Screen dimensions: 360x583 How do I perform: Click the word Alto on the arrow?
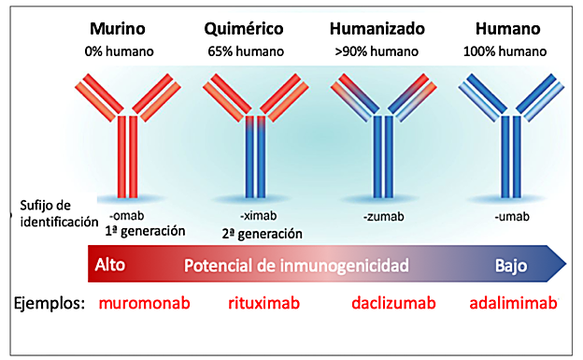coord(110,266)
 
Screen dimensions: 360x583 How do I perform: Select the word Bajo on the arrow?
coord(511,266)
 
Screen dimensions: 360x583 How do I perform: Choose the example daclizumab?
coord(393,304)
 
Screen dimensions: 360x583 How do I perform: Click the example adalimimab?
coord(513,304)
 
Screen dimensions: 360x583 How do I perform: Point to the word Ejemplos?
coord(50,304)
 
